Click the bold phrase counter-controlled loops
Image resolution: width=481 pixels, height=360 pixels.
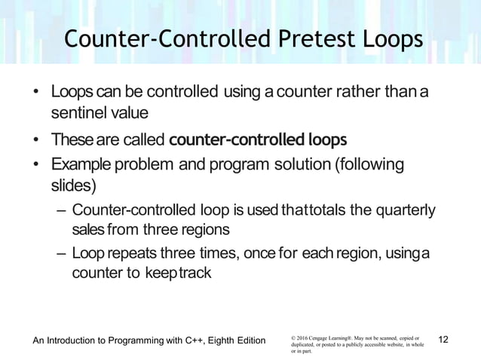pos(259,140)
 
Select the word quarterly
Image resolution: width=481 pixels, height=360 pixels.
pos(400,209)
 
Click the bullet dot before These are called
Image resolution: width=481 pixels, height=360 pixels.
pos(36,141)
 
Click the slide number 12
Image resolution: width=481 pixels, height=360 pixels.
pos(443,340)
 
